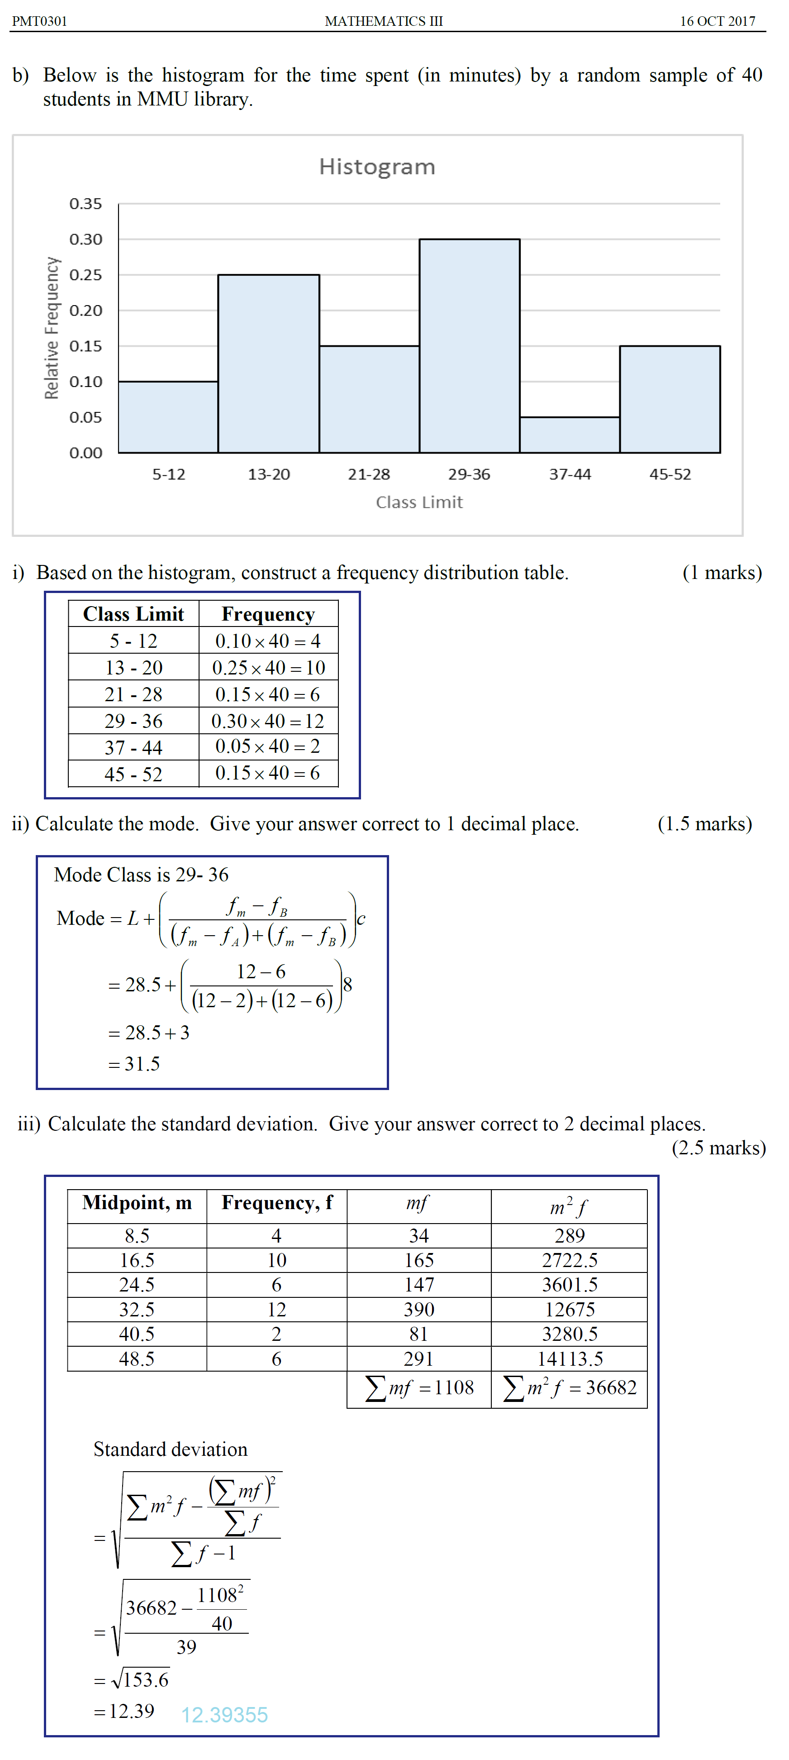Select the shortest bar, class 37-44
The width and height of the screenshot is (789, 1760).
[570, 435]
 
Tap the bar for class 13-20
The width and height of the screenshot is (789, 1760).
[268, 363]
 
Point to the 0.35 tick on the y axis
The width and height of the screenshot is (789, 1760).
[86, 204]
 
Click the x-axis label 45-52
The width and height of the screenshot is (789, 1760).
[670, 474]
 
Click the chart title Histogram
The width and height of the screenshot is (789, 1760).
[377, 167]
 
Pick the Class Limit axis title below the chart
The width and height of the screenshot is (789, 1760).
[419, 502]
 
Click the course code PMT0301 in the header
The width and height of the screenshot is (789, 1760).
[40, 21]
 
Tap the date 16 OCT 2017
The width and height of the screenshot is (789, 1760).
[717, 21]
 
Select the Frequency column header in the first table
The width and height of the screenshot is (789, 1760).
[268, 614]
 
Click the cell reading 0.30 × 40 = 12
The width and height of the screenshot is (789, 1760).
[268, 721]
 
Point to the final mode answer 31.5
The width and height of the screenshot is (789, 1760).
[142, 1064]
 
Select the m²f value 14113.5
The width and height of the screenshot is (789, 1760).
[570, 1358]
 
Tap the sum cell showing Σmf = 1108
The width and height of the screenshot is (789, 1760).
[419, 1387]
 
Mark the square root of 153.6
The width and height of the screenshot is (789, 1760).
[140, 1679]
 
